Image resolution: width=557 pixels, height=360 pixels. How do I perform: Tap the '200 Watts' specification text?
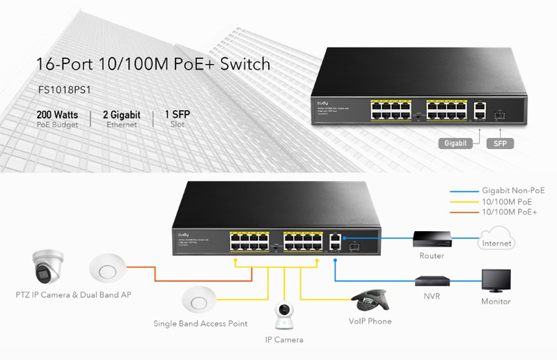[x=57, y=114]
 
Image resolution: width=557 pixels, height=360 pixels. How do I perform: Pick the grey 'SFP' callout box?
[x=500, y=143]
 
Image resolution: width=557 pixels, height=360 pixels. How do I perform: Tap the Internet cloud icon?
[x=496, y=240]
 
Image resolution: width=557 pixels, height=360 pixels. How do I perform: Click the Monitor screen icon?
[x=496, y=281]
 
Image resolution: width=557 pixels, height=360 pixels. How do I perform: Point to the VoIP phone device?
[x=370, y=301]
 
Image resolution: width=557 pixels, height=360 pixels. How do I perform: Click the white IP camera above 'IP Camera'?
[x=283, y=317]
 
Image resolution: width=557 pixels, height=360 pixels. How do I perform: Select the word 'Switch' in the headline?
[x=244, y=65]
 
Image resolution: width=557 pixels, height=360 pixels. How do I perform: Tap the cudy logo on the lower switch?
[x=183, y=235]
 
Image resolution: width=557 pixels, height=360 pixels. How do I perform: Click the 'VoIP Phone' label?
[x=370, y=322]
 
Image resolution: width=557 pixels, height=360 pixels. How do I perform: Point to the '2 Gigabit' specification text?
[x=121, y=114]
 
